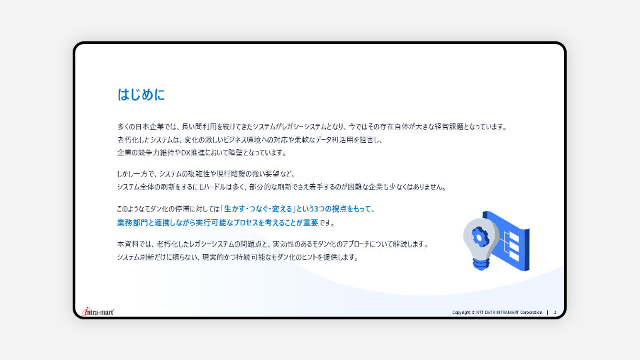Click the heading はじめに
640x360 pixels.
(141, 95)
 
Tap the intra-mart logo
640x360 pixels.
(98, 312)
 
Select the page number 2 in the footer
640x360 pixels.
(555, 313)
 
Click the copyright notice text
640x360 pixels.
(497, 313)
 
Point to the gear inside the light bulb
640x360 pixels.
(481, 236)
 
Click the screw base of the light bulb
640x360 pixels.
(481, 264)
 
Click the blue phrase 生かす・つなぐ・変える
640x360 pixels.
(259, 209)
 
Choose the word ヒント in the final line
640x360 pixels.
(309, 257)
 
